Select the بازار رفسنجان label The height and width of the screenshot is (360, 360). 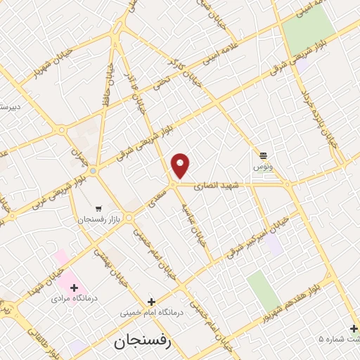[x=100, y=220]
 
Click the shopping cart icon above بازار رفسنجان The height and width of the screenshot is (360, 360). [x=98, y=209]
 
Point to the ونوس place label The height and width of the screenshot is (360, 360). [x=262, y=167]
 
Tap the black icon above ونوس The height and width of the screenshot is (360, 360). [x=263, y=155]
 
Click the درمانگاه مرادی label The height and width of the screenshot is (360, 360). [x=74, y=298]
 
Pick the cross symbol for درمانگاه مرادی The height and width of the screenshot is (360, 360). [x=75, y=287]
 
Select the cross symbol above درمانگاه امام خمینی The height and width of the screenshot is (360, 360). [x=151, y=301]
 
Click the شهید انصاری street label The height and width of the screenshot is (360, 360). [x=219, y=185]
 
